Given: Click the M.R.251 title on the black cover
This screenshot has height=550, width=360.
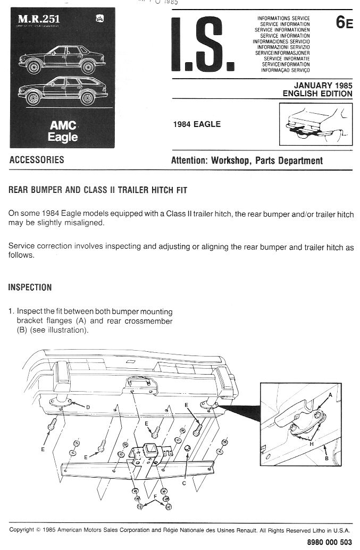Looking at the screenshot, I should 39,20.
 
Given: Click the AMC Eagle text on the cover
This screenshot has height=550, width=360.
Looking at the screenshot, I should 64,131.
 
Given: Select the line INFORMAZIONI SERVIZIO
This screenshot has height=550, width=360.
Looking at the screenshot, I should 283,47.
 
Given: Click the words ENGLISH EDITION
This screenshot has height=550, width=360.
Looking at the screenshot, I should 317,94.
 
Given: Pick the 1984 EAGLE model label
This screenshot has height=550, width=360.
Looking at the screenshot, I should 197,125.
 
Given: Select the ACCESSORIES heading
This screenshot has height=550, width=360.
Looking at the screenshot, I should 37,160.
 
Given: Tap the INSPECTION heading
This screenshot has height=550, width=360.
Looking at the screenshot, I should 30,287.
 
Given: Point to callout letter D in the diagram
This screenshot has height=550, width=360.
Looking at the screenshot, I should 87,407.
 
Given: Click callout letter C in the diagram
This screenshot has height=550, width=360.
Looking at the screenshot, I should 183,484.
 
